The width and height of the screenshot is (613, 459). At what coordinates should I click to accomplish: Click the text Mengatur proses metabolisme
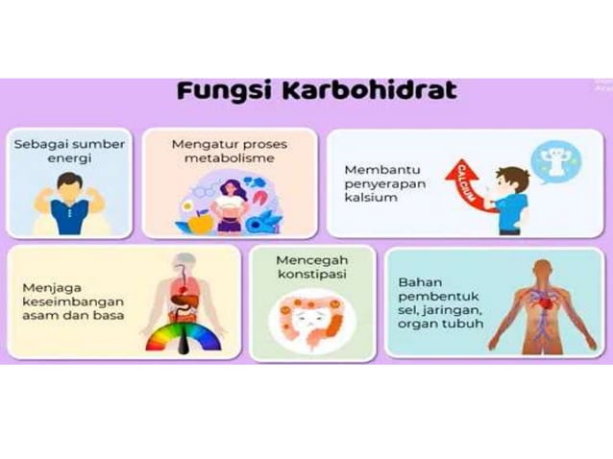(x=229, y=151)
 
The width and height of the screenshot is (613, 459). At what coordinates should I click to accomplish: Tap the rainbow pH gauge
(x=184, y=337)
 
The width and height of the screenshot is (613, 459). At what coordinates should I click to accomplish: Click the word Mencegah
(x=311, y=260)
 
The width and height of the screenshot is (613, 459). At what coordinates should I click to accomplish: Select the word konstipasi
(x=311, y=275)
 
